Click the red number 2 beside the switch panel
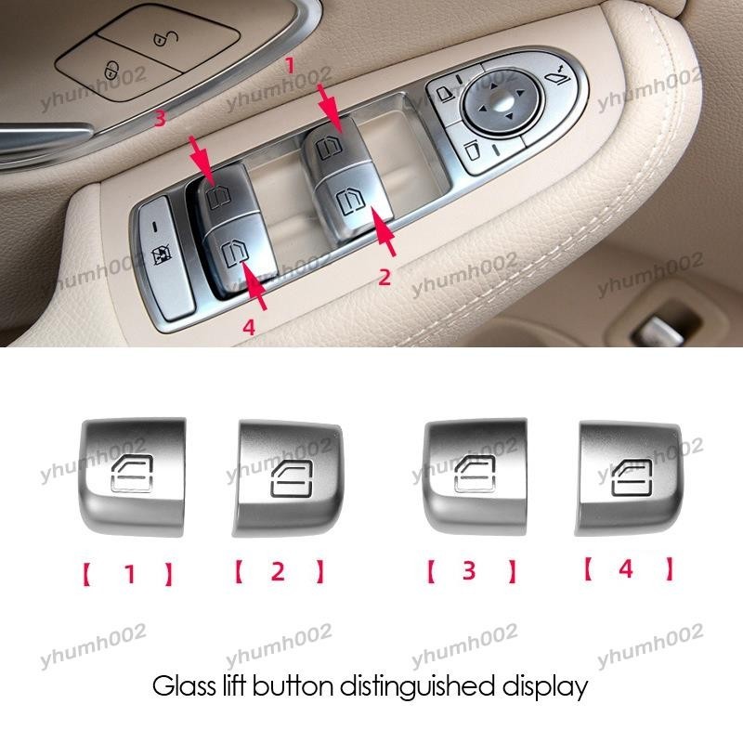coord(384,276)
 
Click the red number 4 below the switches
coord(249,326)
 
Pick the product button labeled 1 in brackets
coord(129,473)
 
